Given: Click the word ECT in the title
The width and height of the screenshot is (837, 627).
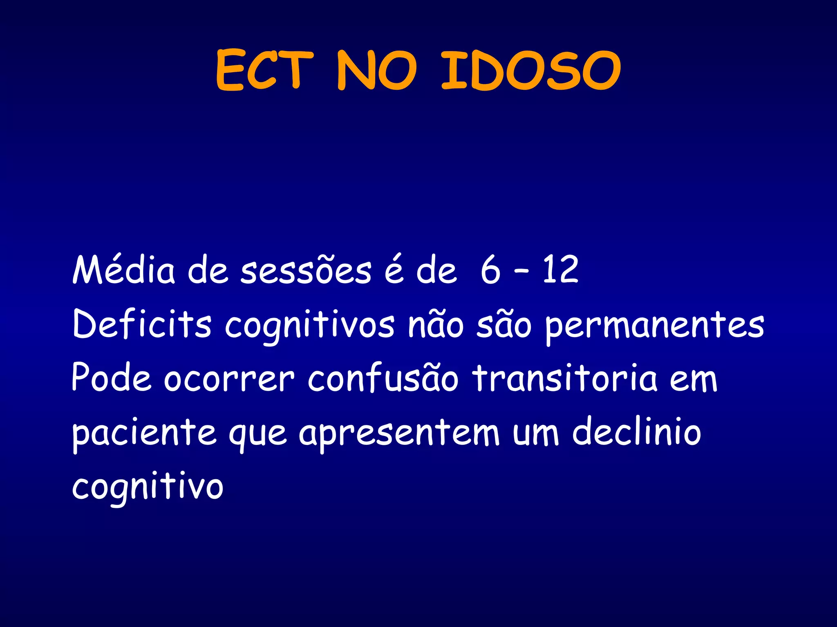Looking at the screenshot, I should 264,70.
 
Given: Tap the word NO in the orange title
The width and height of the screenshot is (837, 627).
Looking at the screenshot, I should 377,70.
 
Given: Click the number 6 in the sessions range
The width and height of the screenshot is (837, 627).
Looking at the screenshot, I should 490,270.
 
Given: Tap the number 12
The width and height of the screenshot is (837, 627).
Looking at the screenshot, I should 560,270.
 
